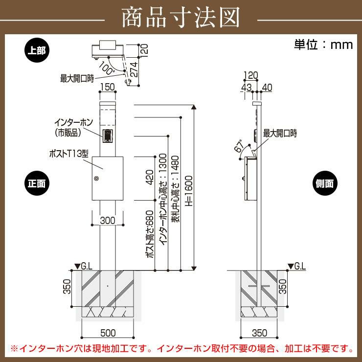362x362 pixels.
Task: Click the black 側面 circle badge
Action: click(x=325, y=183)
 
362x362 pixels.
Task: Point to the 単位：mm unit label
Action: click(x=323, y=45)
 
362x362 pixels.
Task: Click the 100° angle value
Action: click(x=106, y=67)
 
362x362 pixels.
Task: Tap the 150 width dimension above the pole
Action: click(x=108, y=87)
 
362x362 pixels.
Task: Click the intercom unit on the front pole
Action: click(x=108, y=135)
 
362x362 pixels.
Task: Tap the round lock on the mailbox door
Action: click(x=97, y=179)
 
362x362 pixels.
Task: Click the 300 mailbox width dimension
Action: click(x=108, y=221)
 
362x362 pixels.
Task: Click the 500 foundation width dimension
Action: click(x=108, y=333)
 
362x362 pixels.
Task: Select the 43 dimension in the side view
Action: click(x=247, y=87)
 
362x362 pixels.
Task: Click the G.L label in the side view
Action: click(x=300, y=267)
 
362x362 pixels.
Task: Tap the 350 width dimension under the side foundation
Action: click(x=259, y=333)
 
